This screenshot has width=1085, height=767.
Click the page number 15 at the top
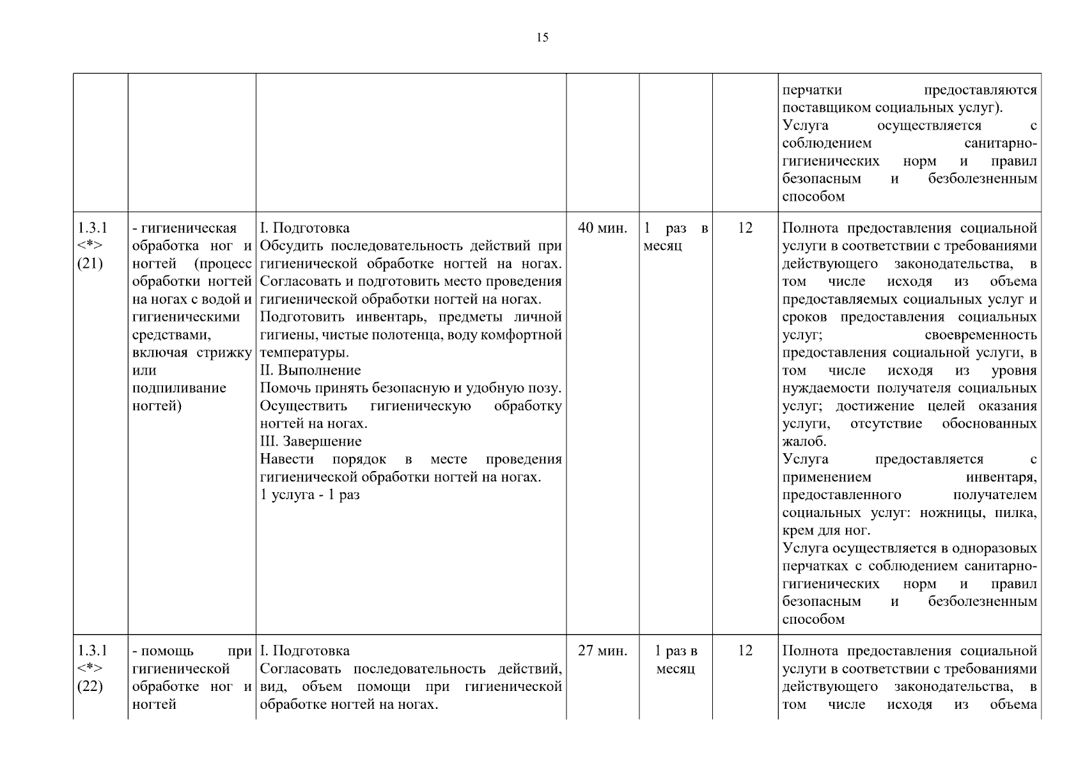[x=542, y=38]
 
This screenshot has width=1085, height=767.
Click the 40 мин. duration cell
[x=602, y=228]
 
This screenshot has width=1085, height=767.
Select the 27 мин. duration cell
[x=602, y=651]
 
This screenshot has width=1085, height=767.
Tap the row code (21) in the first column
[x=90, y=263]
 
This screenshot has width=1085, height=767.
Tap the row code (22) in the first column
[x=90, y=686]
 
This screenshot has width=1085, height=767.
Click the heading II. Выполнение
[x=310, y=370]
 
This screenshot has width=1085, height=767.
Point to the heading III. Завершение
[x=311, y=441]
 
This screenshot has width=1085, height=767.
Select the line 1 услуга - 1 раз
[x=309, y=495]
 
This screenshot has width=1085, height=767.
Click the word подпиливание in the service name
[x=179, y=388]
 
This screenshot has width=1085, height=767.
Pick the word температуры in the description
[x=304, y=352]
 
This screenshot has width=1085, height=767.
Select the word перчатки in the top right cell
[x=812, y=90]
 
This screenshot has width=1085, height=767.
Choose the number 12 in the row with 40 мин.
[x=745, y=228]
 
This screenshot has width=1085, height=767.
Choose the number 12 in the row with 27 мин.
[x=745, y=651]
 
